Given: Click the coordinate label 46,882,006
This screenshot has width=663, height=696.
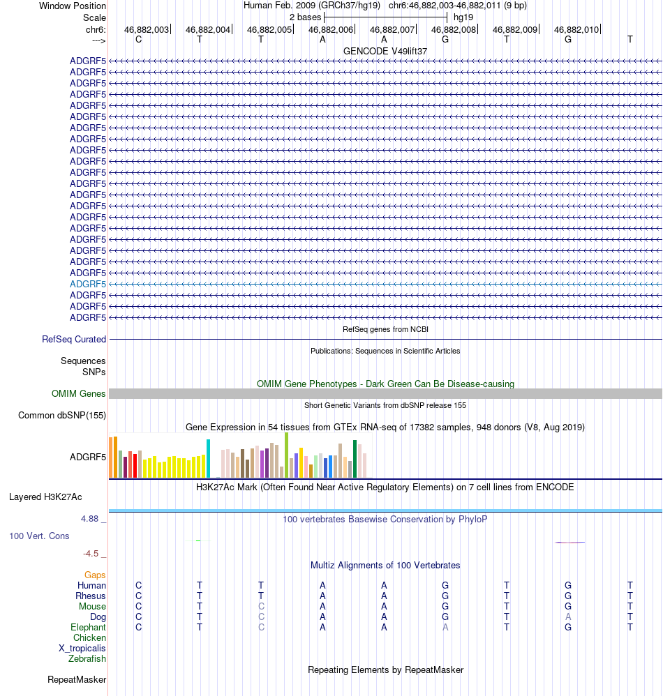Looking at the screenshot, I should [x=331, y=29].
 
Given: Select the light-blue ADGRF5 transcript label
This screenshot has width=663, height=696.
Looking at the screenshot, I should [x=88, y=284].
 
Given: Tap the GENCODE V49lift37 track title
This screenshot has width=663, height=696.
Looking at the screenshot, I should [x=385, y=51].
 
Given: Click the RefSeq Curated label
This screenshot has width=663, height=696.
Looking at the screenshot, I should [x=74, y=340].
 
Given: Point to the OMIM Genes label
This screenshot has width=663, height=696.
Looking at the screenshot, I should [x=79, y=394].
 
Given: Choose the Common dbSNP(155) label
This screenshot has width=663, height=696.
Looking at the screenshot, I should [x=62, y=416].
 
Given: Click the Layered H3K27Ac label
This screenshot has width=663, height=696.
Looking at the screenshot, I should [x=45, y=497].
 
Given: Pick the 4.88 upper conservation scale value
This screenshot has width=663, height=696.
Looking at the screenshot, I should [x=91, y=519].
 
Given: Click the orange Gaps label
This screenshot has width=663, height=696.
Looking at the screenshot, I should [x=96, y=575].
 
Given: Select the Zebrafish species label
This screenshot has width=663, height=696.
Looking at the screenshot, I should [x=87, y=658].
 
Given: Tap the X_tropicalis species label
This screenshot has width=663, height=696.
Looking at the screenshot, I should [x=82, y=648].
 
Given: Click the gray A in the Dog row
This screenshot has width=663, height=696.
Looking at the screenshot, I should [x=568, y=616].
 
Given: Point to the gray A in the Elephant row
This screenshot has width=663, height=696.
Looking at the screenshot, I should [x=445, y=627].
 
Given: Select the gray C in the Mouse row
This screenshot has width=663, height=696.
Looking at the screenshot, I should [x=261, y=606].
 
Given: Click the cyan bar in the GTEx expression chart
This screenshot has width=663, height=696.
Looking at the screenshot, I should [x=208, y=458].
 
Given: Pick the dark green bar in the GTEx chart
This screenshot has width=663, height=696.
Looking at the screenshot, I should [x=355, y=459].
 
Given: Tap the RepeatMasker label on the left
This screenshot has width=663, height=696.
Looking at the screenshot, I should [x=77, y=679].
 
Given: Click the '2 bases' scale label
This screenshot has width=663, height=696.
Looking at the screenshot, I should [x=305, y=17].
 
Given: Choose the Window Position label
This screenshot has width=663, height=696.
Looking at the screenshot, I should [x=73, y=6].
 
